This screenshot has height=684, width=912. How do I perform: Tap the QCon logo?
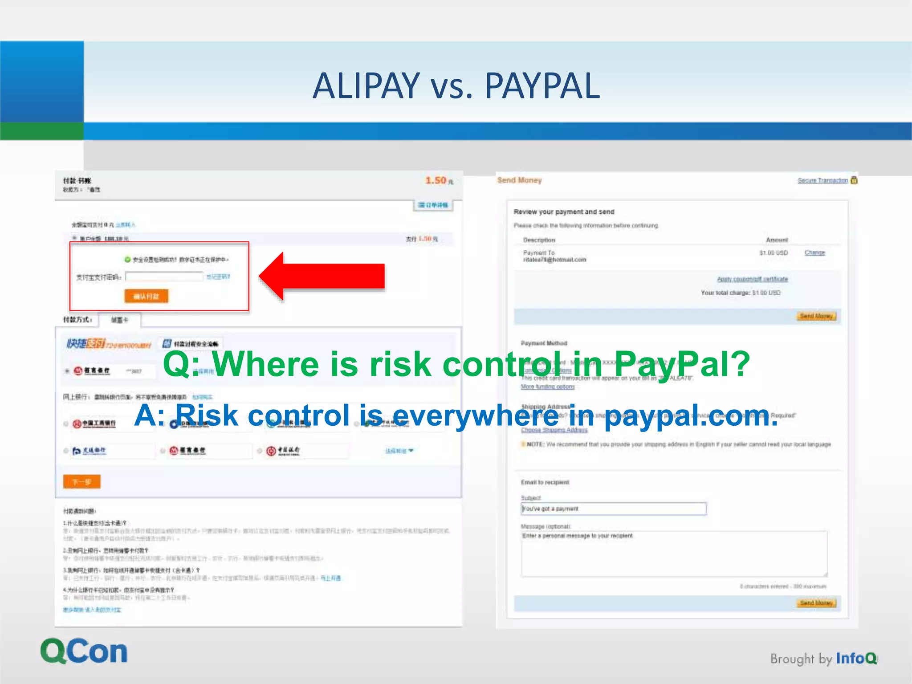tap(84, 651)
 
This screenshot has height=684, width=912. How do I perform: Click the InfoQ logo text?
tap(856, 658)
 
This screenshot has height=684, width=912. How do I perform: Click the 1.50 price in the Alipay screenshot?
tap(436, 180)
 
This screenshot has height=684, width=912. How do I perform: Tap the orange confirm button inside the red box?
tap(146, 296)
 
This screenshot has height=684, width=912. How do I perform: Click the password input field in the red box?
tap(164, 277)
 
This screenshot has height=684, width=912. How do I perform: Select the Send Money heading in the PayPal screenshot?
tap(519, 180)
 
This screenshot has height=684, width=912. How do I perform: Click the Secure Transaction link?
tap(822, 180)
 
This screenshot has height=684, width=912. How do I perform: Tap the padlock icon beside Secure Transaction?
tap(854, 180)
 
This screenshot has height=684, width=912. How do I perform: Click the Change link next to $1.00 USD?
tap(814, 252)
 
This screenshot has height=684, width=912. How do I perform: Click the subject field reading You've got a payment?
tap(613, 509)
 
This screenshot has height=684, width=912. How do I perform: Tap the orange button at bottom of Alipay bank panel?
tap(82, 482)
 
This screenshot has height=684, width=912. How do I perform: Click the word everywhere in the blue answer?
tap(475, 415)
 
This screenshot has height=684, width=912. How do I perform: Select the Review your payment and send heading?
tap(564, 212)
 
